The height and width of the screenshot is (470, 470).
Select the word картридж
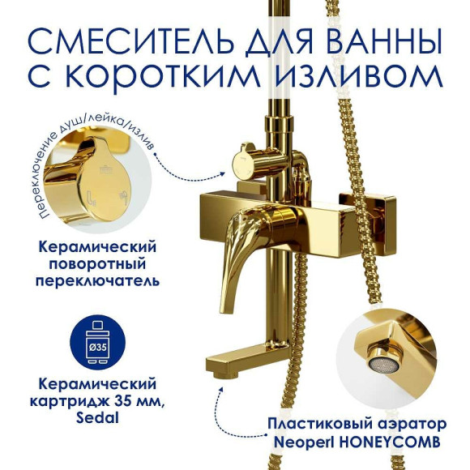point(58,402)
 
